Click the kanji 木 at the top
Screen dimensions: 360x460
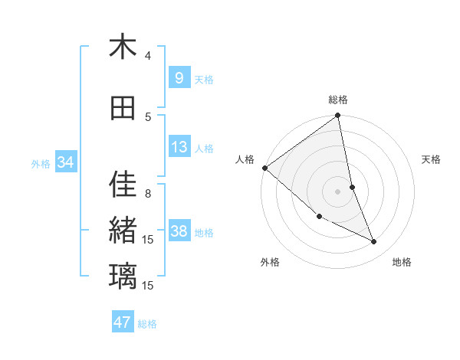tap(123, 47)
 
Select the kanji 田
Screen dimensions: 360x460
tap(123, 108)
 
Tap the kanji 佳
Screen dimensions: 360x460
tap(123, 184)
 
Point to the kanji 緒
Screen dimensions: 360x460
tap(123, 231)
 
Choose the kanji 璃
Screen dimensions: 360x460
tap(123, 275)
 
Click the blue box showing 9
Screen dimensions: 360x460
tap(179, 78)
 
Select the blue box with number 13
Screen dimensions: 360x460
tap(179, 147)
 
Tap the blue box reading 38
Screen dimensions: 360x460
tap(179, 231)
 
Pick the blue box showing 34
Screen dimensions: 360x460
tap(65, 162)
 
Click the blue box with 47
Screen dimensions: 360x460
tap(123, 322)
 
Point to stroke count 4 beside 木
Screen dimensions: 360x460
tap(148, 56)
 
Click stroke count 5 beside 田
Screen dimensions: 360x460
tap(148, 116)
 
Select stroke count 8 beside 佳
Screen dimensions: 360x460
tap(148, 193)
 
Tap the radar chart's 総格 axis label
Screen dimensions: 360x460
tap(338, 100)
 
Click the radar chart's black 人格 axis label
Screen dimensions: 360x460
tap(245, 159)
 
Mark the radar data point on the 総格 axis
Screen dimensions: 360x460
tap(338, 116)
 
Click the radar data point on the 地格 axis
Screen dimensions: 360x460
tap(374, 242)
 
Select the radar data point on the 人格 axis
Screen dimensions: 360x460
tap(264, 168)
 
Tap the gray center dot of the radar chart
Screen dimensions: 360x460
tap(337, 191)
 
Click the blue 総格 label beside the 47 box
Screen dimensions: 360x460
tap(147, 324)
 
